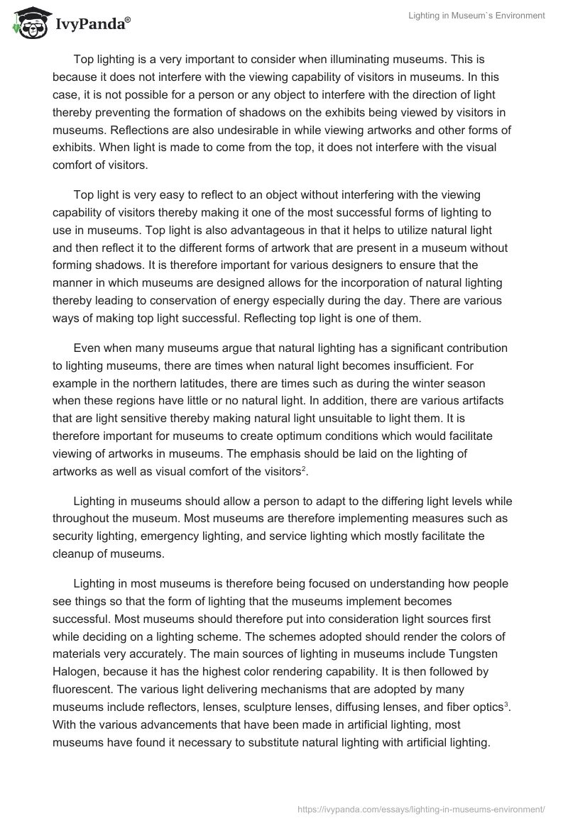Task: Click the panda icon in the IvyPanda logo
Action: point(29,24)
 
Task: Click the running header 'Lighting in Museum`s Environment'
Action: point(476,16)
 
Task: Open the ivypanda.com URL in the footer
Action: point(420,808)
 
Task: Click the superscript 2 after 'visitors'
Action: point(304,467)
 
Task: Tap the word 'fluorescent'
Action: point(84,689)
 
